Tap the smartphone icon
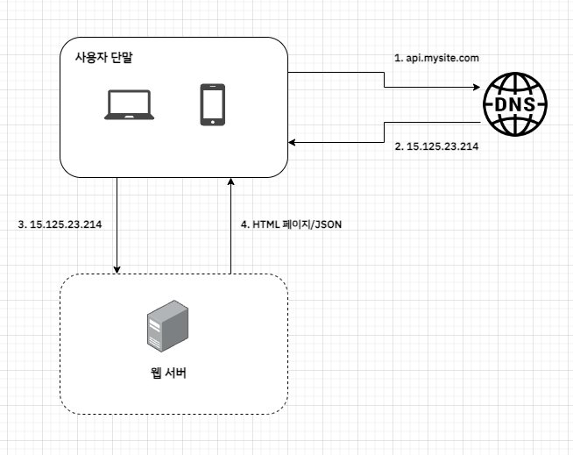pyautogui.click(x=211, y=104)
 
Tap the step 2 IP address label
pyautogui.click(x=442, y=147)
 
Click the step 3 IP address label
pyautogui.click(x=60, y=224)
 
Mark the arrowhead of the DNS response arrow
pyautogui.click(x=294, y=141)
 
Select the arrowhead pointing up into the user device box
pyautogui.click(x=230, y=180)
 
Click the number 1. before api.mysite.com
pyautogui.click(x=398, y=58)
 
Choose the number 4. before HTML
pyautogui.click(x=244, y=224)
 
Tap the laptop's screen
pyautogui.click(x=130, y=100)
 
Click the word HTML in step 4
pyautogui.click(x=265, y=224)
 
